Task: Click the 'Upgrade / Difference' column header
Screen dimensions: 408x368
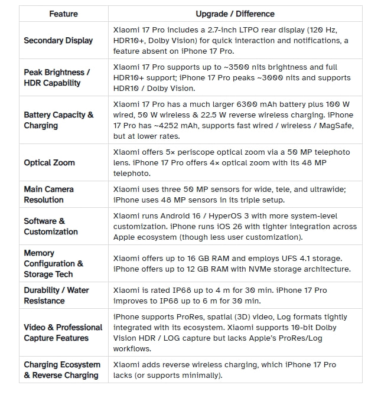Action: (x=235, y=14)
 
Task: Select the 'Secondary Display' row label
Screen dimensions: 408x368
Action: (x=58, y=40)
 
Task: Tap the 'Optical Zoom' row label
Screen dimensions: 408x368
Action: (x=49, y=162)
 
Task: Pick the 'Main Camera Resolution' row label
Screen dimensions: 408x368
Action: (x=48, y=194)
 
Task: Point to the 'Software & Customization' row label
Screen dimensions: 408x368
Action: (x=51, y=226)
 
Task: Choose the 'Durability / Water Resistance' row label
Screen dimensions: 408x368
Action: (x=56, y=295)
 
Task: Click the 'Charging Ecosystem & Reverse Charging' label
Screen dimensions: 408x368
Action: (x=61, y=370)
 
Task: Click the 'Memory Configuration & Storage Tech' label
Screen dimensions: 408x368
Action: (x=53, y=263)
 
